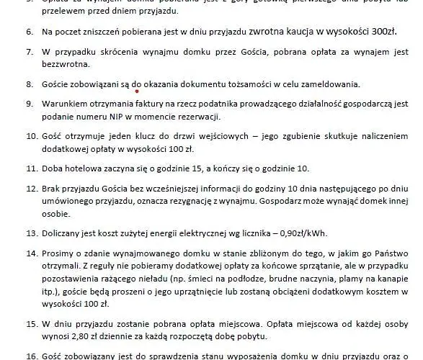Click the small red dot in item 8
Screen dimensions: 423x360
[x=136, y=91]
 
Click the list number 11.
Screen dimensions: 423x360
[x=31, y=169]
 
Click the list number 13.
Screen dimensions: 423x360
[x=31, y=234]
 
